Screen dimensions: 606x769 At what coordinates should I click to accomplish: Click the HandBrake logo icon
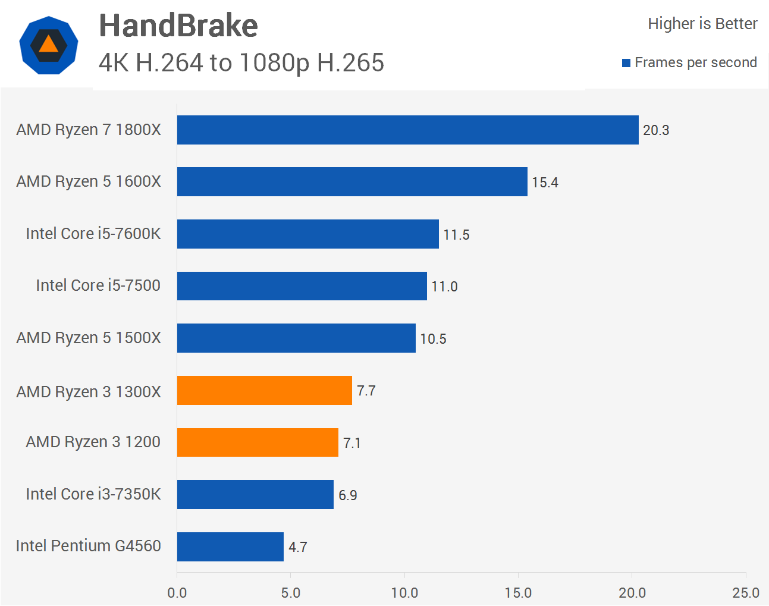[48, 45]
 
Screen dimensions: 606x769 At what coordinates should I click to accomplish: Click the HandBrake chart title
[178, 26]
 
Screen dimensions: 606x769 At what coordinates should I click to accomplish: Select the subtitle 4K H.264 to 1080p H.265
[241, 62]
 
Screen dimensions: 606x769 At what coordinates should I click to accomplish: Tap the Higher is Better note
[702, 24]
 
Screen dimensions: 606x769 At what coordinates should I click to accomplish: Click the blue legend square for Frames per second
[626, 63]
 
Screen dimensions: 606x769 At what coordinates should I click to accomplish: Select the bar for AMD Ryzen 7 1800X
[407, 130]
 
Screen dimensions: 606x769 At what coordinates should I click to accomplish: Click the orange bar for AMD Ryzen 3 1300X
[264, 390]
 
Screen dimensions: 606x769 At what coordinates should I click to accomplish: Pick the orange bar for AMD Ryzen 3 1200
[258, 442]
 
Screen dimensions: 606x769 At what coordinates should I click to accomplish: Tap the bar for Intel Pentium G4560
[230, 547]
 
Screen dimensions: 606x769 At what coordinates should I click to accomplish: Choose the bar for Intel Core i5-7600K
[307, 234]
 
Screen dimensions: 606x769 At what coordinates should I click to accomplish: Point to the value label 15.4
[545, 183]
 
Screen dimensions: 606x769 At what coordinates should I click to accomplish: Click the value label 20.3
[656, 130]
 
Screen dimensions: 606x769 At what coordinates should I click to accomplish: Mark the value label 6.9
[348, 495]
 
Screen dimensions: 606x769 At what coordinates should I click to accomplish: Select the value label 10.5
[433, 339]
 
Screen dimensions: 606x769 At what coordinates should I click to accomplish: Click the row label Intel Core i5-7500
[98, 285]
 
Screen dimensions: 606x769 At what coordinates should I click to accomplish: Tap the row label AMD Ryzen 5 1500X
[89, 338]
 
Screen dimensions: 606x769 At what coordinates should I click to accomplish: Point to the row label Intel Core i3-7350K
[93, 494]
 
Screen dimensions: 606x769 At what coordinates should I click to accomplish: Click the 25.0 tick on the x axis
[745, 593]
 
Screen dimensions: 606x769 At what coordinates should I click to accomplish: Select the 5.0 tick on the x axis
[290, 593]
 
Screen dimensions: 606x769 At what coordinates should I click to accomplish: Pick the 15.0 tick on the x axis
[518, 593]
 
